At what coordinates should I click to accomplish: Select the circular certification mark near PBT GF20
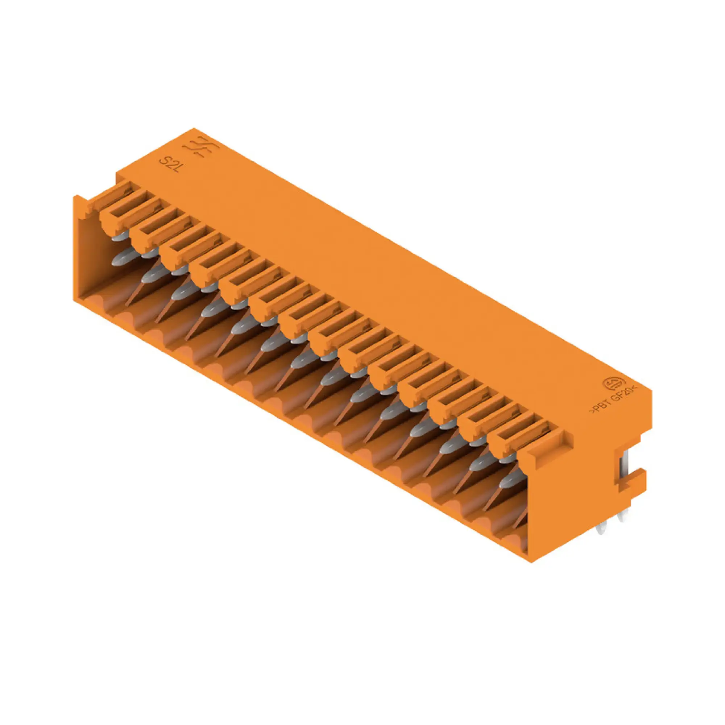[610, 383]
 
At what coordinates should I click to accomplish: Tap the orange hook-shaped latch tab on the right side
[634, 484]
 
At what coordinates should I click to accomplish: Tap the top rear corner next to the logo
[194, 129]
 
